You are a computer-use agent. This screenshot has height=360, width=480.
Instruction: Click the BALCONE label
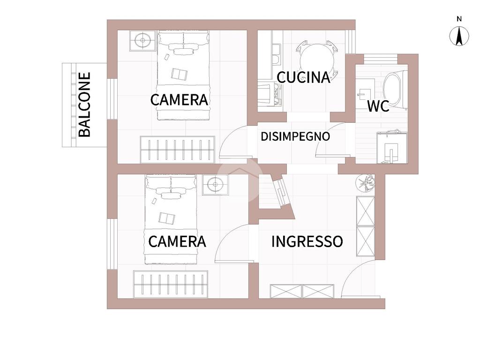[84, 105]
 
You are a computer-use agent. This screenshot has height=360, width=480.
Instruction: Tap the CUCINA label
[303, 77]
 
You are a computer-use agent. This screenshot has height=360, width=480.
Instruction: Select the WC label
[378, 106]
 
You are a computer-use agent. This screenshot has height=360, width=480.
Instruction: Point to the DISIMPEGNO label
[295, 136]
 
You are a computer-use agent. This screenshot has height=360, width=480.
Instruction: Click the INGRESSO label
[307, 241]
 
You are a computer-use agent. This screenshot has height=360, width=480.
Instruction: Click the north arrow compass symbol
[459, 36]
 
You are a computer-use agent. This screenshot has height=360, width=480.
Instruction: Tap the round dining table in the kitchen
[317, 60]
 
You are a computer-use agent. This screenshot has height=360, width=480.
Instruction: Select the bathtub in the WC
[395, 90]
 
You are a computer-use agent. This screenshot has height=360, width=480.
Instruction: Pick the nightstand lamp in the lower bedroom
[215, 185]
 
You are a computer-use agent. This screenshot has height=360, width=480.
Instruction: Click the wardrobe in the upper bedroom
[178, 150]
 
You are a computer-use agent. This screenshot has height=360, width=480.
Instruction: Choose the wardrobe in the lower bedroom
[171, 284]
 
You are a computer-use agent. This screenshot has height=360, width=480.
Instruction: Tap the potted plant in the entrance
[366, 183]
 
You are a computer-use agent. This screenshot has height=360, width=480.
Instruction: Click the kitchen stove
[270, 93]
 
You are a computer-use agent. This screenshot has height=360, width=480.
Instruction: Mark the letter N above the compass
[459, 19]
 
